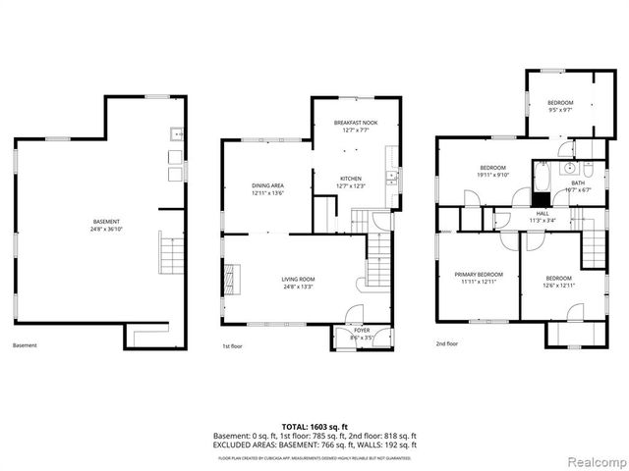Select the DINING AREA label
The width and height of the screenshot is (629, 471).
tap(267, 185)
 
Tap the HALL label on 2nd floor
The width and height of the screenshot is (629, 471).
tap(542, 213)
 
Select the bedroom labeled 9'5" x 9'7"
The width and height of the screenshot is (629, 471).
tap(560, 103)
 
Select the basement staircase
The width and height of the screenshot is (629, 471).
tap(166, 254)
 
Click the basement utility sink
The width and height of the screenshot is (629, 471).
tap(174, 134)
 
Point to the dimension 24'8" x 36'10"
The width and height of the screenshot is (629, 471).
tap(106, 230)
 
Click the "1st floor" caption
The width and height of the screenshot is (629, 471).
tap(232, 345)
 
